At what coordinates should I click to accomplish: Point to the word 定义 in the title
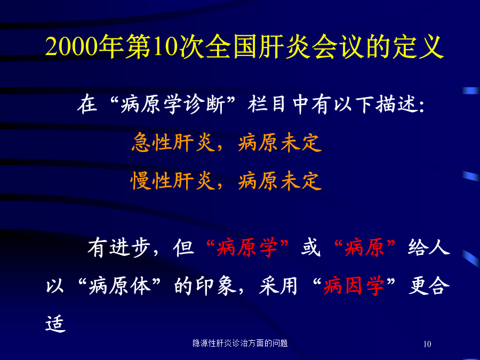tap(417, 47)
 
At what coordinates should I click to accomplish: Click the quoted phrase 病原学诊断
tap(173, 105)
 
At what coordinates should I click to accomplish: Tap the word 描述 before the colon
tap(396, 105)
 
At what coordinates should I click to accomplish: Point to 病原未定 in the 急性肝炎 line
tap(280, 142)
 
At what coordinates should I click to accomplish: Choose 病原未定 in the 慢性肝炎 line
tap(280, 181)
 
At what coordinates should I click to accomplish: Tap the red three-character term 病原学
tap(247, 247)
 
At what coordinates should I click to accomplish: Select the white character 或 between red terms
tap(311, 247)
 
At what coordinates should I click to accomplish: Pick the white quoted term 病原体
tap(119, 286)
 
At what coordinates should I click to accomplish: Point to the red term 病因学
tap(354, 286)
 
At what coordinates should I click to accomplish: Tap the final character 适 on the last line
tap(55, 323)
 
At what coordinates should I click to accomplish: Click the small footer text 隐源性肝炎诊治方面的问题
tap(240, 343)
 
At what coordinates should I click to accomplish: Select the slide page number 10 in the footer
tap(427, 344)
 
